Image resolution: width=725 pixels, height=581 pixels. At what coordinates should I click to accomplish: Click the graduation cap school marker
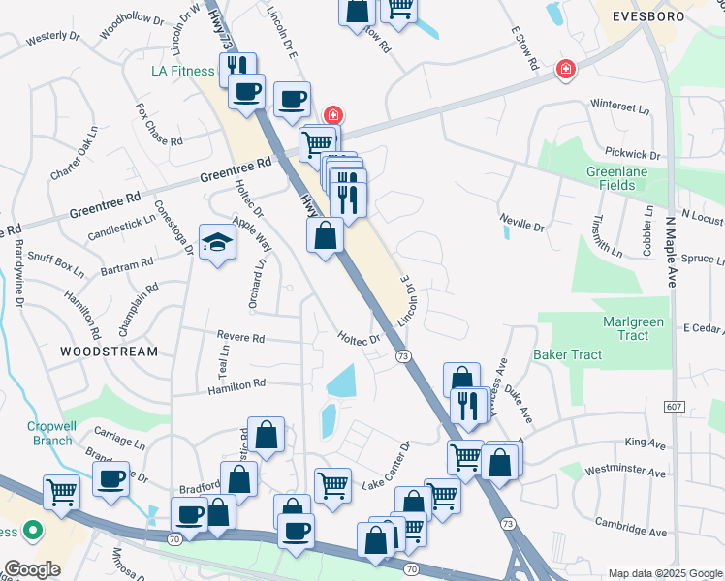pyautogui.click(x=217, y=242)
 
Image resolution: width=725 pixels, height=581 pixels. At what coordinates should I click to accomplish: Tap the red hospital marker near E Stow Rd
pyautogui.click(x=564, y=70)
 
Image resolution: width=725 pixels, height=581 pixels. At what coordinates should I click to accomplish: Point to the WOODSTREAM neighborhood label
pyautogui.click(x=110, y=352)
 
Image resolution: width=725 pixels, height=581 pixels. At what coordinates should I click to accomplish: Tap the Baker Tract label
pyautogui.click(x=567, y=355)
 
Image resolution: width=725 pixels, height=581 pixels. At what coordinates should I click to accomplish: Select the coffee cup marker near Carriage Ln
pyautogui.click(x=110, y=478)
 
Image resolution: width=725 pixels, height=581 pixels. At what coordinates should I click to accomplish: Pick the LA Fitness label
pyautogui.click(x=184, y=71)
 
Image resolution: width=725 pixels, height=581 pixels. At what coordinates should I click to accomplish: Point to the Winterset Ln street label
pyautogui.click(x=619, y=106)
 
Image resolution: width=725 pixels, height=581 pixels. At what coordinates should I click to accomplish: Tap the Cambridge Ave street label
pyautogui.click(x=631, y=533)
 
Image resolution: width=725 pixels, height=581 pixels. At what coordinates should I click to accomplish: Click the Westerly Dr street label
pyautogui.click(x=52, y=38)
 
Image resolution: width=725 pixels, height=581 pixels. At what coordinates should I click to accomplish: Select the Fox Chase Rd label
pyautogui.click(x=160, y=125)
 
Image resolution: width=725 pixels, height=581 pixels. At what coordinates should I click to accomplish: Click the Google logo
pyautogui.click(x=31, y=569)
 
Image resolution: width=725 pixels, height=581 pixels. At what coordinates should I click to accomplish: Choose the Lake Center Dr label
pyautogui.click(x=387, y=467)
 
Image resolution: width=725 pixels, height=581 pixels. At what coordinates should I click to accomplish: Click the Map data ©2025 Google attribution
pyautogui.click(x=665, y=573)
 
